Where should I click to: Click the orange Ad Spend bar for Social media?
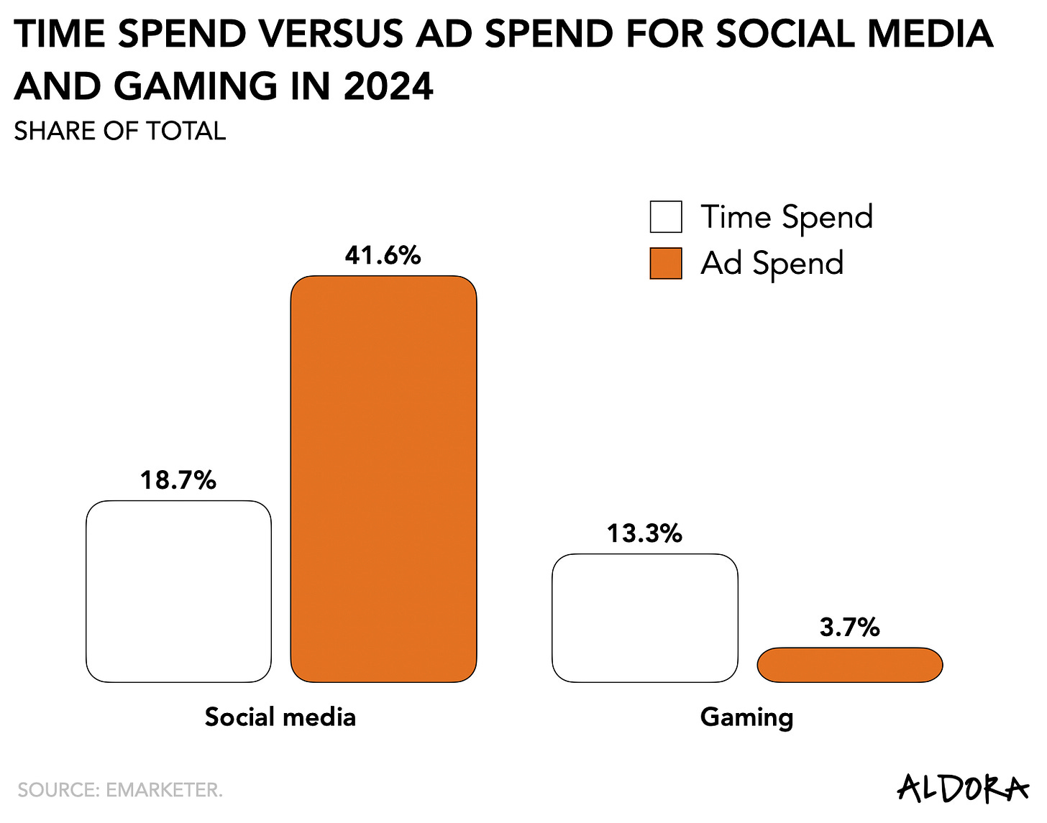[x=383, y=479]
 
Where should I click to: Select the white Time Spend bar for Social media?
[x=178, y=591]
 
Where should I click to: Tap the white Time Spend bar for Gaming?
[x=644, y=617]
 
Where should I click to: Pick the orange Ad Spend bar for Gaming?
[x=849, y=665]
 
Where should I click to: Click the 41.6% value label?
[x=383, y=255]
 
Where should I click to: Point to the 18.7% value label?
[x=178, y=480]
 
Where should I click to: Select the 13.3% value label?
[x=644, y=533]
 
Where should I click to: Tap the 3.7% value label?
[x=849, y=627]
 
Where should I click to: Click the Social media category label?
[x=280, y=717]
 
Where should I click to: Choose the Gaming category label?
[x=746, y=717]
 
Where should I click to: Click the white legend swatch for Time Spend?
[x=665, y=217]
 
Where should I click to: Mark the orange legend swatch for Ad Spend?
[x=665, y=263]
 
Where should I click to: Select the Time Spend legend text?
[x=787, y=217]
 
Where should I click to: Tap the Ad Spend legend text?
[x=772, y=263]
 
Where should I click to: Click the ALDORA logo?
[x=962, y=788]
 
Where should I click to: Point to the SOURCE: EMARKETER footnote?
[x=120, y=790]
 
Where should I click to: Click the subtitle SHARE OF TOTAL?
[x=119, y=131]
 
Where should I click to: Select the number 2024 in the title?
[x=388, y=87]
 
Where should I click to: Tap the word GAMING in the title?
[x=195, y=87]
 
